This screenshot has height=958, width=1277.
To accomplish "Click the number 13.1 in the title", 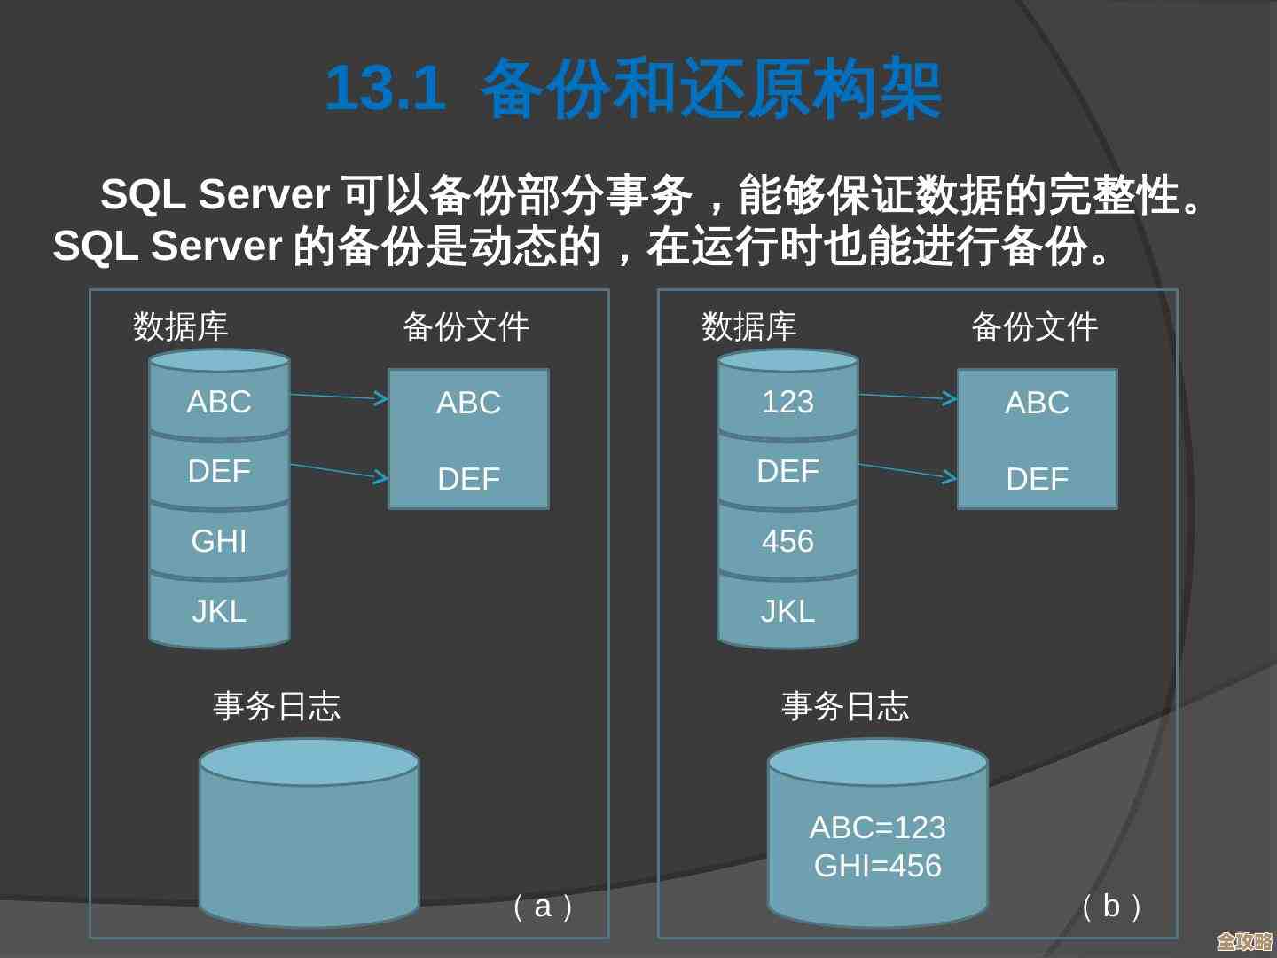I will (x=386, y=88).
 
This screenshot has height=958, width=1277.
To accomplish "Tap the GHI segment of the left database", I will (x=219, y=540).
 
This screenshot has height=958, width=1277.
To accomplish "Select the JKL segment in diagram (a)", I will (x=219, y=610).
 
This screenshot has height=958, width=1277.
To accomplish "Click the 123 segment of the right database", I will (x=787, y=402).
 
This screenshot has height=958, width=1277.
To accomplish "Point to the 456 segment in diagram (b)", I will (x=787, y=540).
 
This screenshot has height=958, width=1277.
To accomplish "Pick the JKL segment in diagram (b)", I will (x=787, y=610).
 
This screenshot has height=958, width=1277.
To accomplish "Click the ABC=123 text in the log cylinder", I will (x=877, y=828).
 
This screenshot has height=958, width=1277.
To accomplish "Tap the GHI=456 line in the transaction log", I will (x=877, y=866).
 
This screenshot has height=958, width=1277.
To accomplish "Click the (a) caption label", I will (x=543, y=906).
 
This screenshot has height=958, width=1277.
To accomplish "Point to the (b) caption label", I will (x=1111, y=906).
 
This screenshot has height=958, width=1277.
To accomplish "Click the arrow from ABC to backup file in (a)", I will (x=339, y=397).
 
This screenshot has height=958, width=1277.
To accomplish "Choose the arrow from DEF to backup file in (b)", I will (x=907, y=471).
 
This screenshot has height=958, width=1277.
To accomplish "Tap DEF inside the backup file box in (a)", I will (x=468, y=479).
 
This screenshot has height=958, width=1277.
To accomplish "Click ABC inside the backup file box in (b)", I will (x=1037, y=403).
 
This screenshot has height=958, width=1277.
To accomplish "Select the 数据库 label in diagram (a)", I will (x=181, y=326).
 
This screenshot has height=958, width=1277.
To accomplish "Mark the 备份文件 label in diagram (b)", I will (x=1035, y=326).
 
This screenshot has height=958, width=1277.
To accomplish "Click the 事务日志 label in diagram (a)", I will (x=277, y=706).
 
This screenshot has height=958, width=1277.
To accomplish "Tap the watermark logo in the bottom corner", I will (x=1244, y=941).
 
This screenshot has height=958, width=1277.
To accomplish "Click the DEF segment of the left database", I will (x=219, y=470).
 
